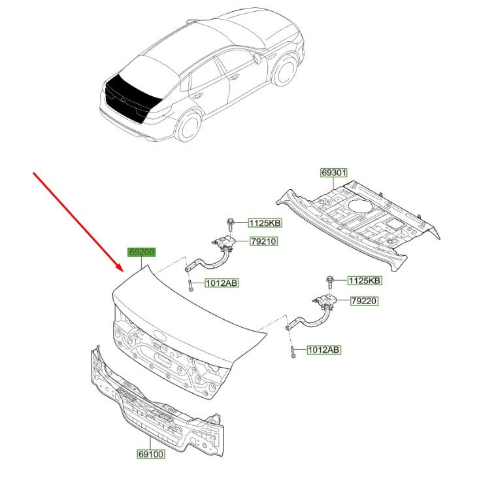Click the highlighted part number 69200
pyautogui.click(x=141, y=252)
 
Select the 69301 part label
pyautogui.click(x=333, y=173)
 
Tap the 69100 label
pyautogui.click(x=152, y=454)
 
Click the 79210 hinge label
pyautogui.click(x=263, y=241)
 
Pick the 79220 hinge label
pyautogui.click(x=365, y=301)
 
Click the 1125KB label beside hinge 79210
pyautogui.click(x=265, y=223)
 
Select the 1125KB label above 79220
pyautogui.click(x=365, y=281)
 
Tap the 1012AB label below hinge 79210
pyautogui.click(x=222, y=283)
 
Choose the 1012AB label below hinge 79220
pyautogui.click(x=324, y=350)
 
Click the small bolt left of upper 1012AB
pyautogui.click(x=190, y=286)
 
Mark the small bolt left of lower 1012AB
pyautogui.click(x=292, y=353)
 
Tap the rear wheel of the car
pyautogui.click(x=189, y=126)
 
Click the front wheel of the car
pyautogui.click(x=285, y=71)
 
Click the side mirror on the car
pyautogui.click(x=256, y=58)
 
